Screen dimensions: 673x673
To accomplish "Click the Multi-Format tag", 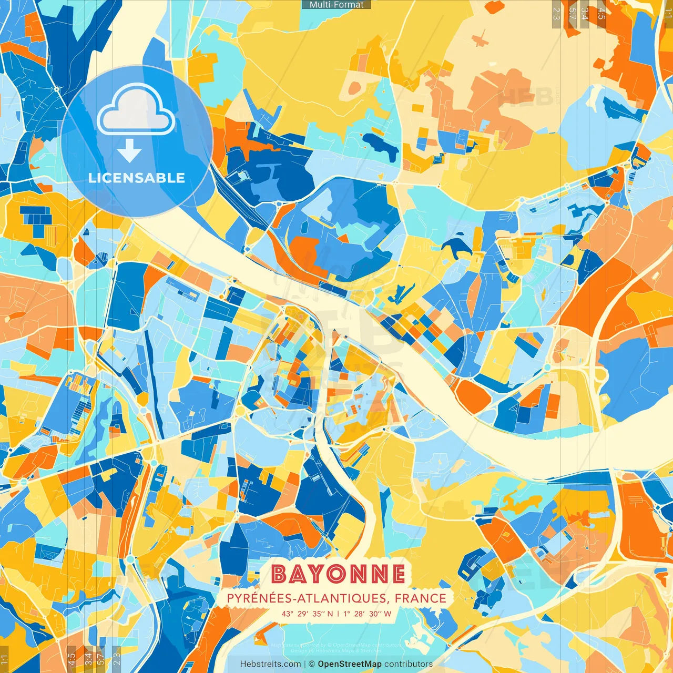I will click(x=336, y=5).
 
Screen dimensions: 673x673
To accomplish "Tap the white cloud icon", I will click(x=136, y=111).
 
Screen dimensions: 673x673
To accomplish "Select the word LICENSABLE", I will click(x=137, y=178).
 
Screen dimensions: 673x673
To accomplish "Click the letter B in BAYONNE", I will click(x=279, y=574).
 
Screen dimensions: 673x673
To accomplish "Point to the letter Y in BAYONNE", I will click(x=314, y=574).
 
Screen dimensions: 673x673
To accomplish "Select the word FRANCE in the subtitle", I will click(x=421, y=598).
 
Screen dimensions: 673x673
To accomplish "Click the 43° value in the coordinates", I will click(x=287, y=614).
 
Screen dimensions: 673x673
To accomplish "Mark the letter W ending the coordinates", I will click(x=388, y=614).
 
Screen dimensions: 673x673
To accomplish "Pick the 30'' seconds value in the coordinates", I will click(x=374, y=614).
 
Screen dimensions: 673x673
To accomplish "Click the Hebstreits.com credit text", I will click(x=270, y=664).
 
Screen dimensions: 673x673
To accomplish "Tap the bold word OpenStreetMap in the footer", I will click(x=350, y=664).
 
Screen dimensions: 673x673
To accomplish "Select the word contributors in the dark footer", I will click(x=409, y=664).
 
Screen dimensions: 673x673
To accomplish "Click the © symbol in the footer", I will click(x=311, y=664).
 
